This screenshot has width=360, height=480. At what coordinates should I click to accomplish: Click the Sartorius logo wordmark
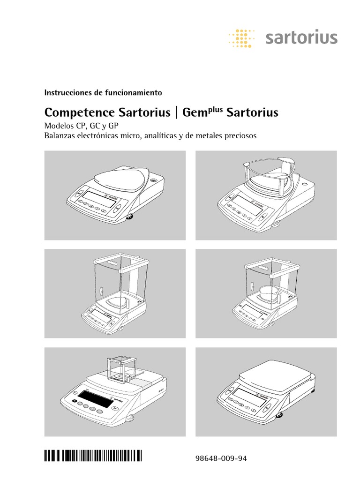pos(301,37)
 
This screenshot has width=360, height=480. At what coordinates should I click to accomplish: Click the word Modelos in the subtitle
pos(59,126)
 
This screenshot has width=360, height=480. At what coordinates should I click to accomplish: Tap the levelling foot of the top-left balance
pos(130,216)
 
